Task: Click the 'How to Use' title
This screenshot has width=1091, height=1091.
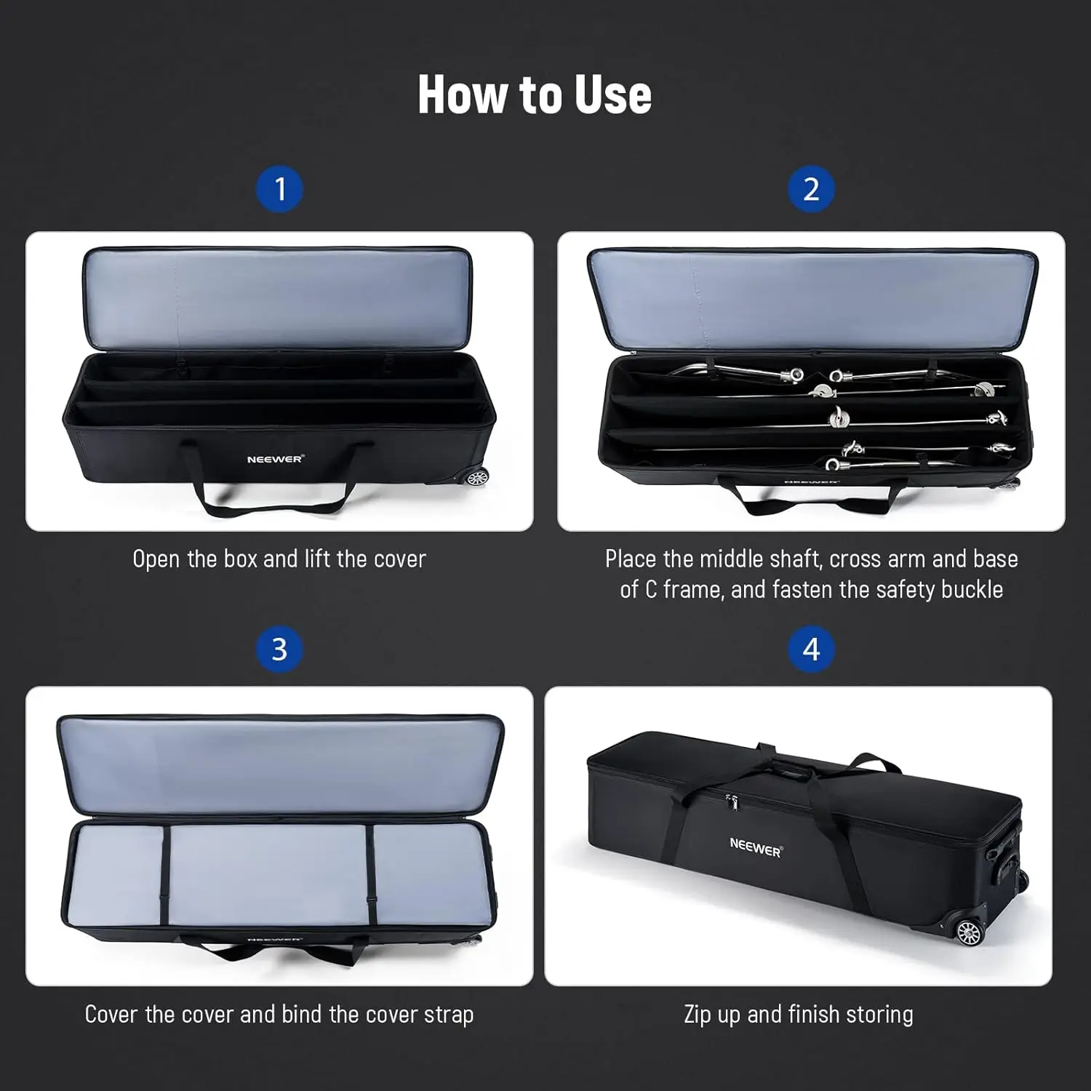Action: coord(535,95)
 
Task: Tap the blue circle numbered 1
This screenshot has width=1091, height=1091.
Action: coord(280,190)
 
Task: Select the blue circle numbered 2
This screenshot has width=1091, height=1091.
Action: coord(811,190)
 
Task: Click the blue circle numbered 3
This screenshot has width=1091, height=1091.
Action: coord(280,650)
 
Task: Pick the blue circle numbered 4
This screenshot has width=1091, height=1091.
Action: coord(811,650)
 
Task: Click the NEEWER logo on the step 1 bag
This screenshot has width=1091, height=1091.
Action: coord(275,460)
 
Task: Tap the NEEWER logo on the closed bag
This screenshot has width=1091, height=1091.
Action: coord(756,847)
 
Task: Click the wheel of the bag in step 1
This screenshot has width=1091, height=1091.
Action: coord(476,478)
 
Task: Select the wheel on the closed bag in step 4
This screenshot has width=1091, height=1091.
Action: coord(969,932)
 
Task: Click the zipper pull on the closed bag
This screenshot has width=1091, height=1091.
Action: coord(732,802)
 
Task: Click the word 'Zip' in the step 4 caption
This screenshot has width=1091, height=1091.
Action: coord(698,1014)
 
